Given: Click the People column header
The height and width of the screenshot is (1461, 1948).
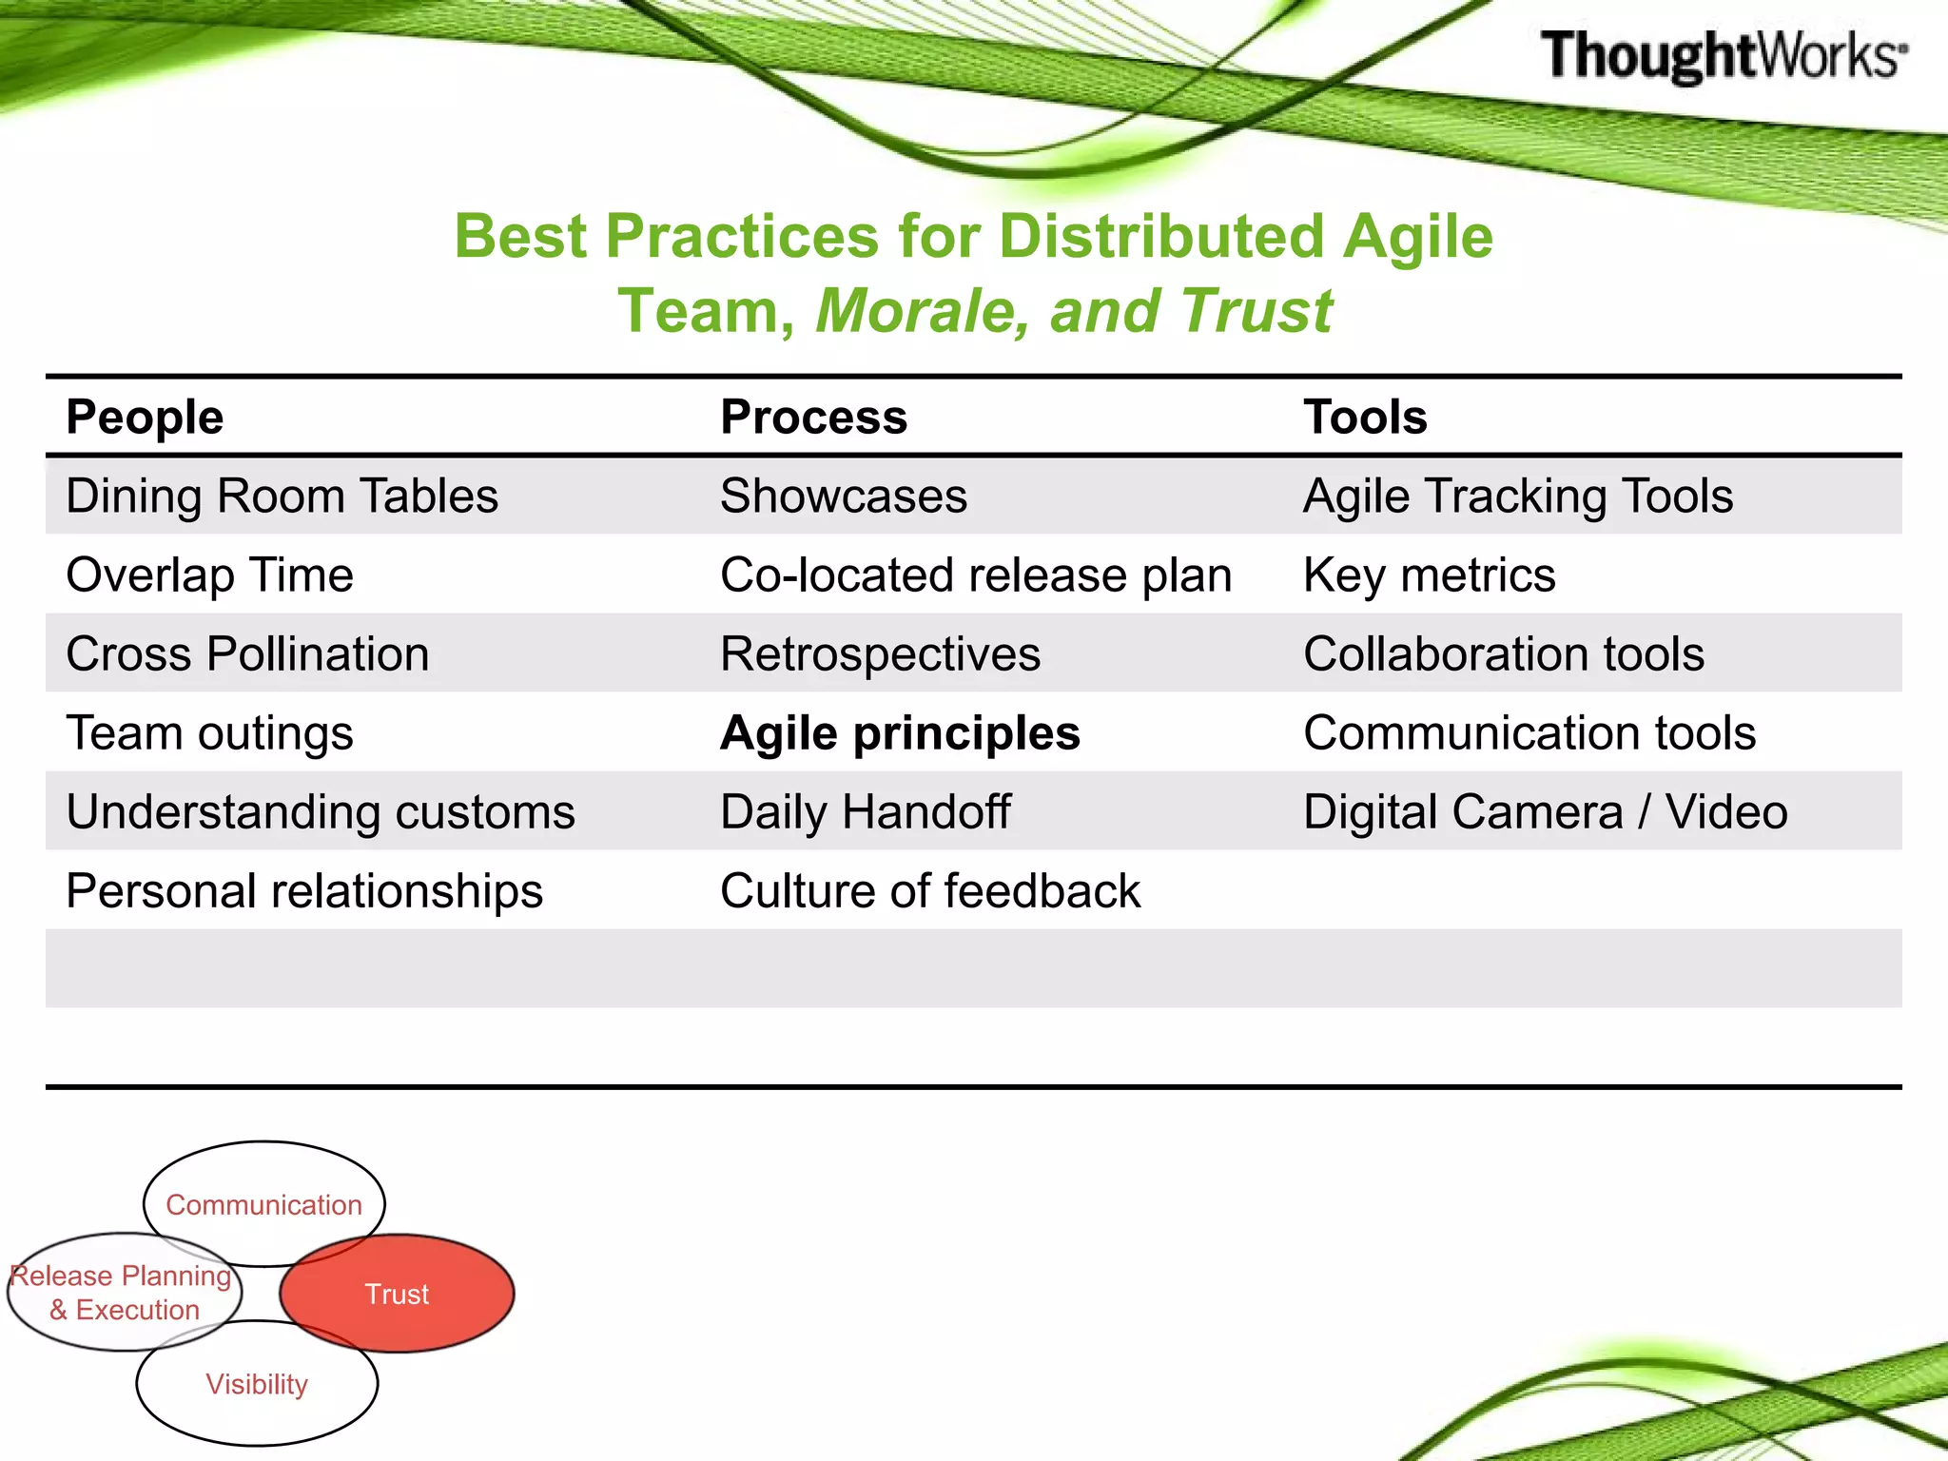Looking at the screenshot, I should click(x=145, y=417).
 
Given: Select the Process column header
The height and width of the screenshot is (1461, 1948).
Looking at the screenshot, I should click(x=813, y=417).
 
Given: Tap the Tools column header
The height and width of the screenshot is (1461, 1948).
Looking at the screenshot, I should click(x=1365, y=417).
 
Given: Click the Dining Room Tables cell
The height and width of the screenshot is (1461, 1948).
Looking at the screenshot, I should click(x=282, y=497).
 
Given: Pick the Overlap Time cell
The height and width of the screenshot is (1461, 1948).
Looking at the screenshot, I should click(x=209, y=575).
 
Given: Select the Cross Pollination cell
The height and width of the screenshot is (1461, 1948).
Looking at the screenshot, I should click(x=247, y=654).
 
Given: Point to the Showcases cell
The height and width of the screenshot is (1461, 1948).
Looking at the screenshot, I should click(x=843, y=497).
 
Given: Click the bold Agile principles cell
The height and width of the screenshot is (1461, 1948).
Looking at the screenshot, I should click(x=900, y=733).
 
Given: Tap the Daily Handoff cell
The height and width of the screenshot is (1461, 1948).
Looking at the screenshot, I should click(x=865, y=812).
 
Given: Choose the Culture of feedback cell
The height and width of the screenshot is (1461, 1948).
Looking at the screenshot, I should click(x=929, y=891).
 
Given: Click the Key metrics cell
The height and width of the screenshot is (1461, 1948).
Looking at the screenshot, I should click(x=1429, y=575).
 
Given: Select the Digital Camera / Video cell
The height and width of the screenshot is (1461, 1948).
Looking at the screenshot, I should click(x=1545, y=812).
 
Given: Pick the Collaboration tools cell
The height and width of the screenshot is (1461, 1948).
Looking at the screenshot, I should click(x=1503, y=654).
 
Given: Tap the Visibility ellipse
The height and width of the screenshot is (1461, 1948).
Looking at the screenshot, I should click(x=257, y=1385).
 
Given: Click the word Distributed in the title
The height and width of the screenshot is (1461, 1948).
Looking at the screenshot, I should click(x=1161, y=236).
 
